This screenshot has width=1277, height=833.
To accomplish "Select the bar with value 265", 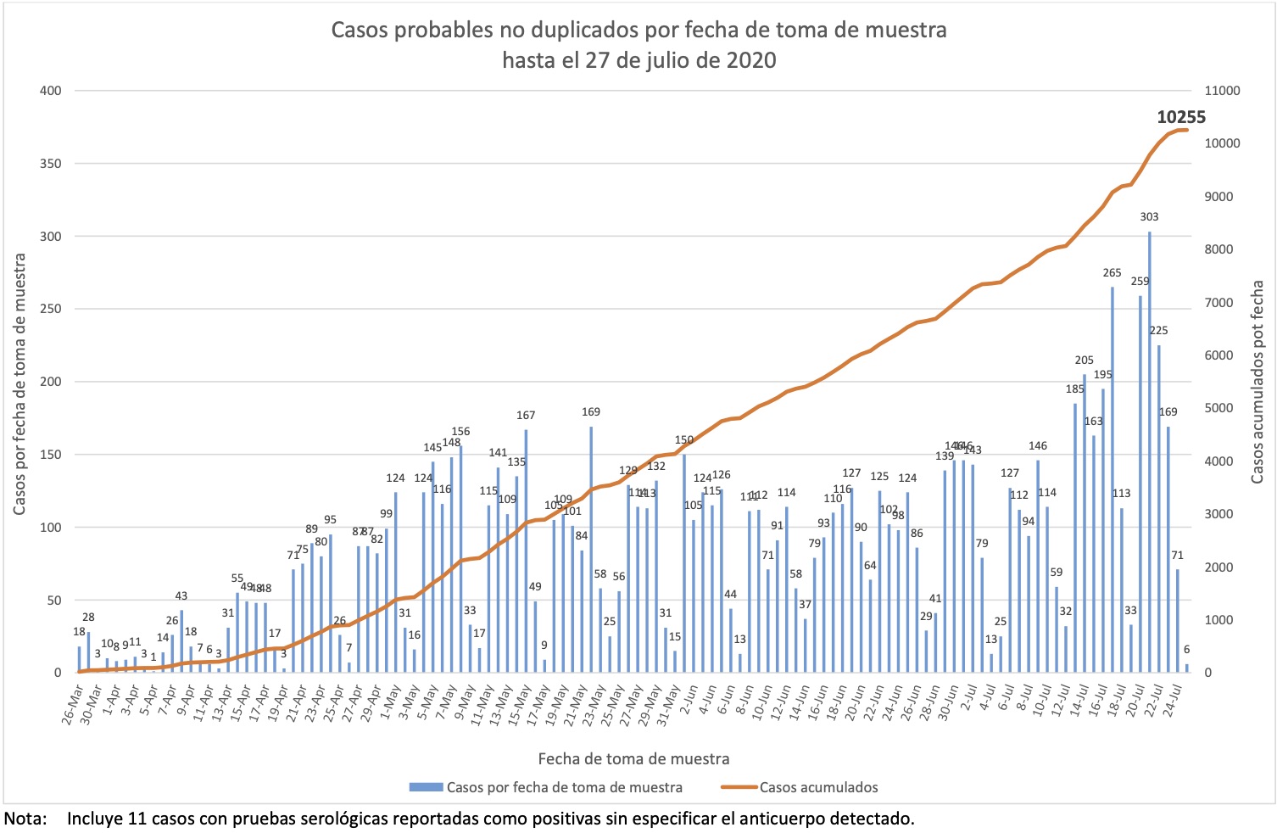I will (1112, 479).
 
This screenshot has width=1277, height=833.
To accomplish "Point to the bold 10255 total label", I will (1180, 118).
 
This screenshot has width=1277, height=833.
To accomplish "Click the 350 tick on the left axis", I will (51, 164).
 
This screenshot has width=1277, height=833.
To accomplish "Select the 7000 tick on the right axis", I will (1224, 303).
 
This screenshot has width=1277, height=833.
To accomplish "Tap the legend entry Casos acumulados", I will (818, 787).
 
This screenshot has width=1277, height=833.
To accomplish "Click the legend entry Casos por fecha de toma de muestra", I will (564, 787).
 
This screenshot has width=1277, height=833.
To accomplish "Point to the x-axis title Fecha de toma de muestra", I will (633, 758).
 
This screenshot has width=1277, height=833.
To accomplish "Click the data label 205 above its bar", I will (1084, 360).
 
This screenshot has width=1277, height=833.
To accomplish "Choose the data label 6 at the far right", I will (1187, 650).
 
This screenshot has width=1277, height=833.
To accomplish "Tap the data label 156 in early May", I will (460, 432).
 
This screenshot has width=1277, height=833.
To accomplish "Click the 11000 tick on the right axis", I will (1223, 91).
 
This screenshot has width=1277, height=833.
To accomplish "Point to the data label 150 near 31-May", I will (683, 440).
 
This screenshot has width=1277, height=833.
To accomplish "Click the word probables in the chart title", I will (428, 31).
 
